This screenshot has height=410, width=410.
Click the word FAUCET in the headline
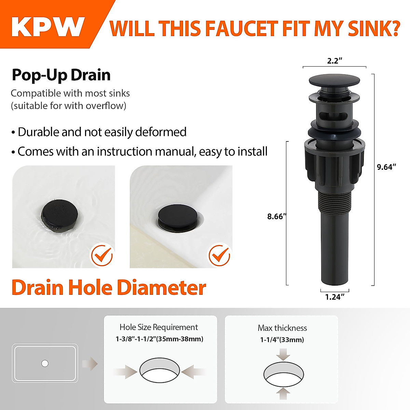(241, 29)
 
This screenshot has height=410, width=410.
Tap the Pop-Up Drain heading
(61, 75)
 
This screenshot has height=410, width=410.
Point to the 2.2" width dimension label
(334, 61)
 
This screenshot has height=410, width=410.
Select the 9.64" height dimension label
(386, 167)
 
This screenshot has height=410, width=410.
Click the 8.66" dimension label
(276, 216)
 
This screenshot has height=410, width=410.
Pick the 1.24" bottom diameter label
(334, 297)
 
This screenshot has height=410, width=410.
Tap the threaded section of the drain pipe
(334, 203)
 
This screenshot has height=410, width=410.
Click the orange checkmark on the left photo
(101, 255)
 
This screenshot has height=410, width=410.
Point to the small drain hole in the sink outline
(45, 363)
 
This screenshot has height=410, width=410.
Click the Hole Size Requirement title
(159, 327)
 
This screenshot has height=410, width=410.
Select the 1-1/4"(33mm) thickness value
(282, 340)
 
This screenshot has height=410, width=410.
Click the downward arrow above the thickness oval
(283, 354)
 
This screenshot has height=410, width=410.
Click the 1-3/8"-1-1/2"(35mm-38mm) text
(159, 339)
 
